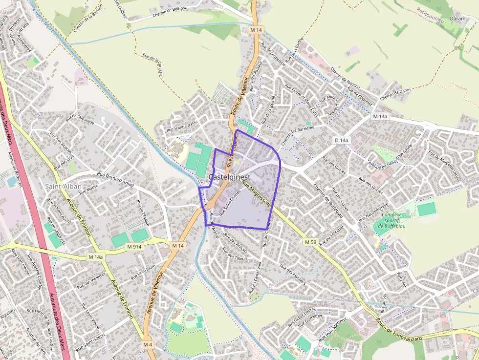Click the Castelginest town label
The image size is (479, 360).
(x=229, y=177)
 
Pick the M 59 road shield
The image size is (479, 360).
(x=310, y=242)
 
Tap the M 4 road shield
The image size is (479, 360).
(x=148, y=344)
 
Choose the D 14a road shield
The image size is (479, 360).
(x=342, y=140)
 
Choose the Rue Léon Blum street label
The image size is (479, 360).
(x=143, y=272)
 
